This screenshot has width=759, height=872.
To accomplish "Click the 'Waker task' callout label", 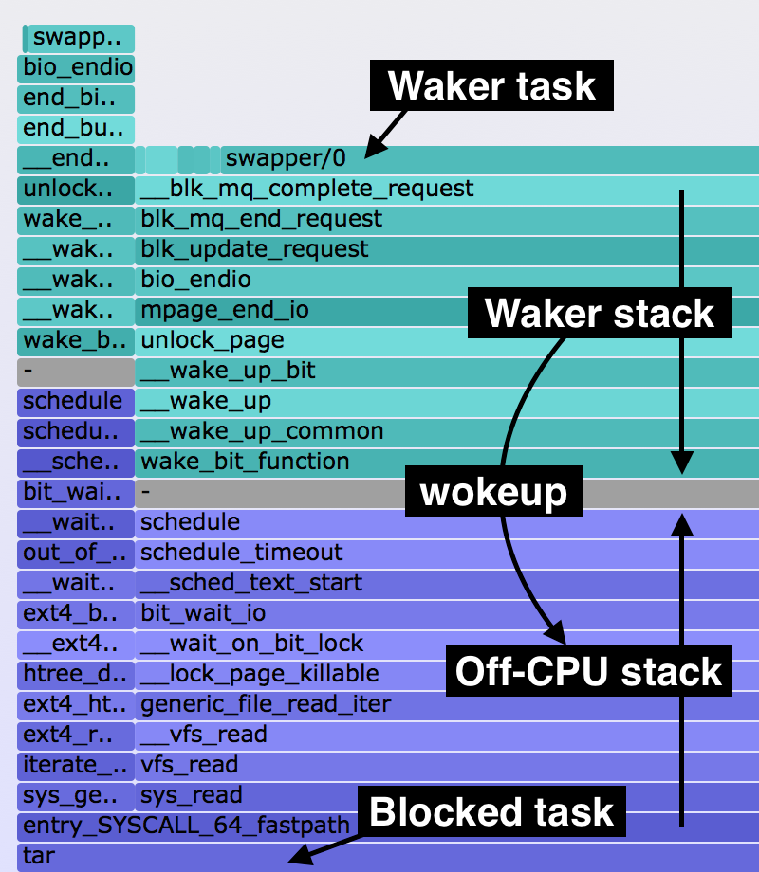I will [x=492, y=86].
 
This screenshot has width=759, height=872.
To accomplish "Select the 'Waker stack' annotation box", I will [x=600, y=313].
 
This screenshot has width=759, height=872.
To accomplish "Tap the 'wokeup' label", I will [x=493, y=492].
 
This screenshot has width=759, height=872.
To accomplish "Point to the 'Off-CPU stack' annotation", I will [x=588, y=671].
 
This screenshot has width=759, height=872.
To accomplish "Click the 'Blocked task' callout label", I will [x=491, y=812].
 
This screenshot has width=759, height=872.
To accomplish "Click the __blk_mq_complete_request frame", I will [x=307, y=189].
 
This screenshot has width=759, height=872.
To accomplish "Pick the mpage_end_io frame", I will [x=225, y=310].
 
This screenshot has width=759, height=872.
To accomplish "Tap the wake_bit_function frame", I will [x=245, y=462].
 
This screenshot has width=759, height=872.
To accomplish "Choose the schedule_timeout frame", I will [x=242, y=553].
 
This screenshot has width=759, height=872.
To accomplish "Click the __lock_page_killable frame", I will [x=260, y=674].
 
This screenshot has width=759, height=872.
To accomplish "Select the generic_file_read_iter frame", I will [x=266, y=704].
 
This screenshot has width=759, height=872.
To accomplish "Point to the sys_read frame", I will [x=192, y=795].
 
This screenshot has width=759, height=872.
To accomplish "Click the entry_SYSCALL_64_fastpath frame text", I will [x=187, y=826].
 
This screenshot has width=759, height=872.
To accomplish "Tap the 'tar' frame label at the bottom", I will [x=39, y=856].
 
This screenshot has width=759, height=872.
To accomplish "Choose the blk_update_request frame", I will [x=255, y=249].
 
